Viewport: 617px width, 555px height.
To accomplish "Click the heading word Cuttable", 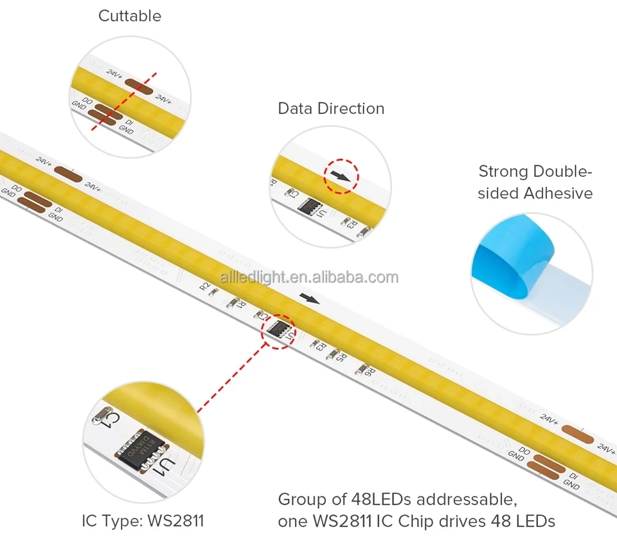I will click(x=130, y=16).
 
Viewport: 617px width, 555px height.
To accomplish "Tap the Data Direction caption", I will click(x=331, y=109).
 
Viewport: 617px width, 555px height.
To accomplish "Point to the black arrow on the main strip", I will click(x=310, y=298).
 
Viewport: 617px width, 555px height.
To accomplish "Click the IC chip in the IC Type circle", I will click(x=138, y=449).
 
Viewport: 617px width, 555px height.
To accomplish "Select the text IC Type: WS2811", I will click(x=143, y=520).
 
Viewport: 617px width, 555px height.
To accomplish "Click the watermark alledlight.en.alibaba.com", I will click(x=309, y=277).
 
